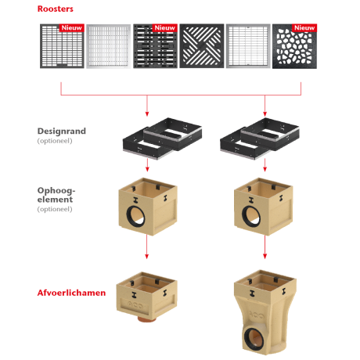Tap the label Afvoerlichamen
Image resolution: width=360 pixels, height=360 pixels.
click(71, 293)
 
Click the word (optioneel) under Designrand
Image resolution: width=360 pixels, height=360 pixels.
click(54, 142)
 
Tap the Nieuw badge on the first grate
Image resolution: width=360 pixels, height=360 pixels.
click(71, 28)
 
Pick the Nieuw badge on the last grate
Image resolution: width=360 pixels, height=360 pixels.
click(304, 28)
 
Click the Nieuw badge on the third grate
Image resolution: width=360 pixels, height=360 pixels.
click(164, 28)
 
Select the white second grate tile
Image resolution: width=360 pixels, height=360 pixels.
click(107, 46)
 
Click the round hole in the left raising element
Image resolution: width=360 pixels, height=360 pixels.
click(135, 218)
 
